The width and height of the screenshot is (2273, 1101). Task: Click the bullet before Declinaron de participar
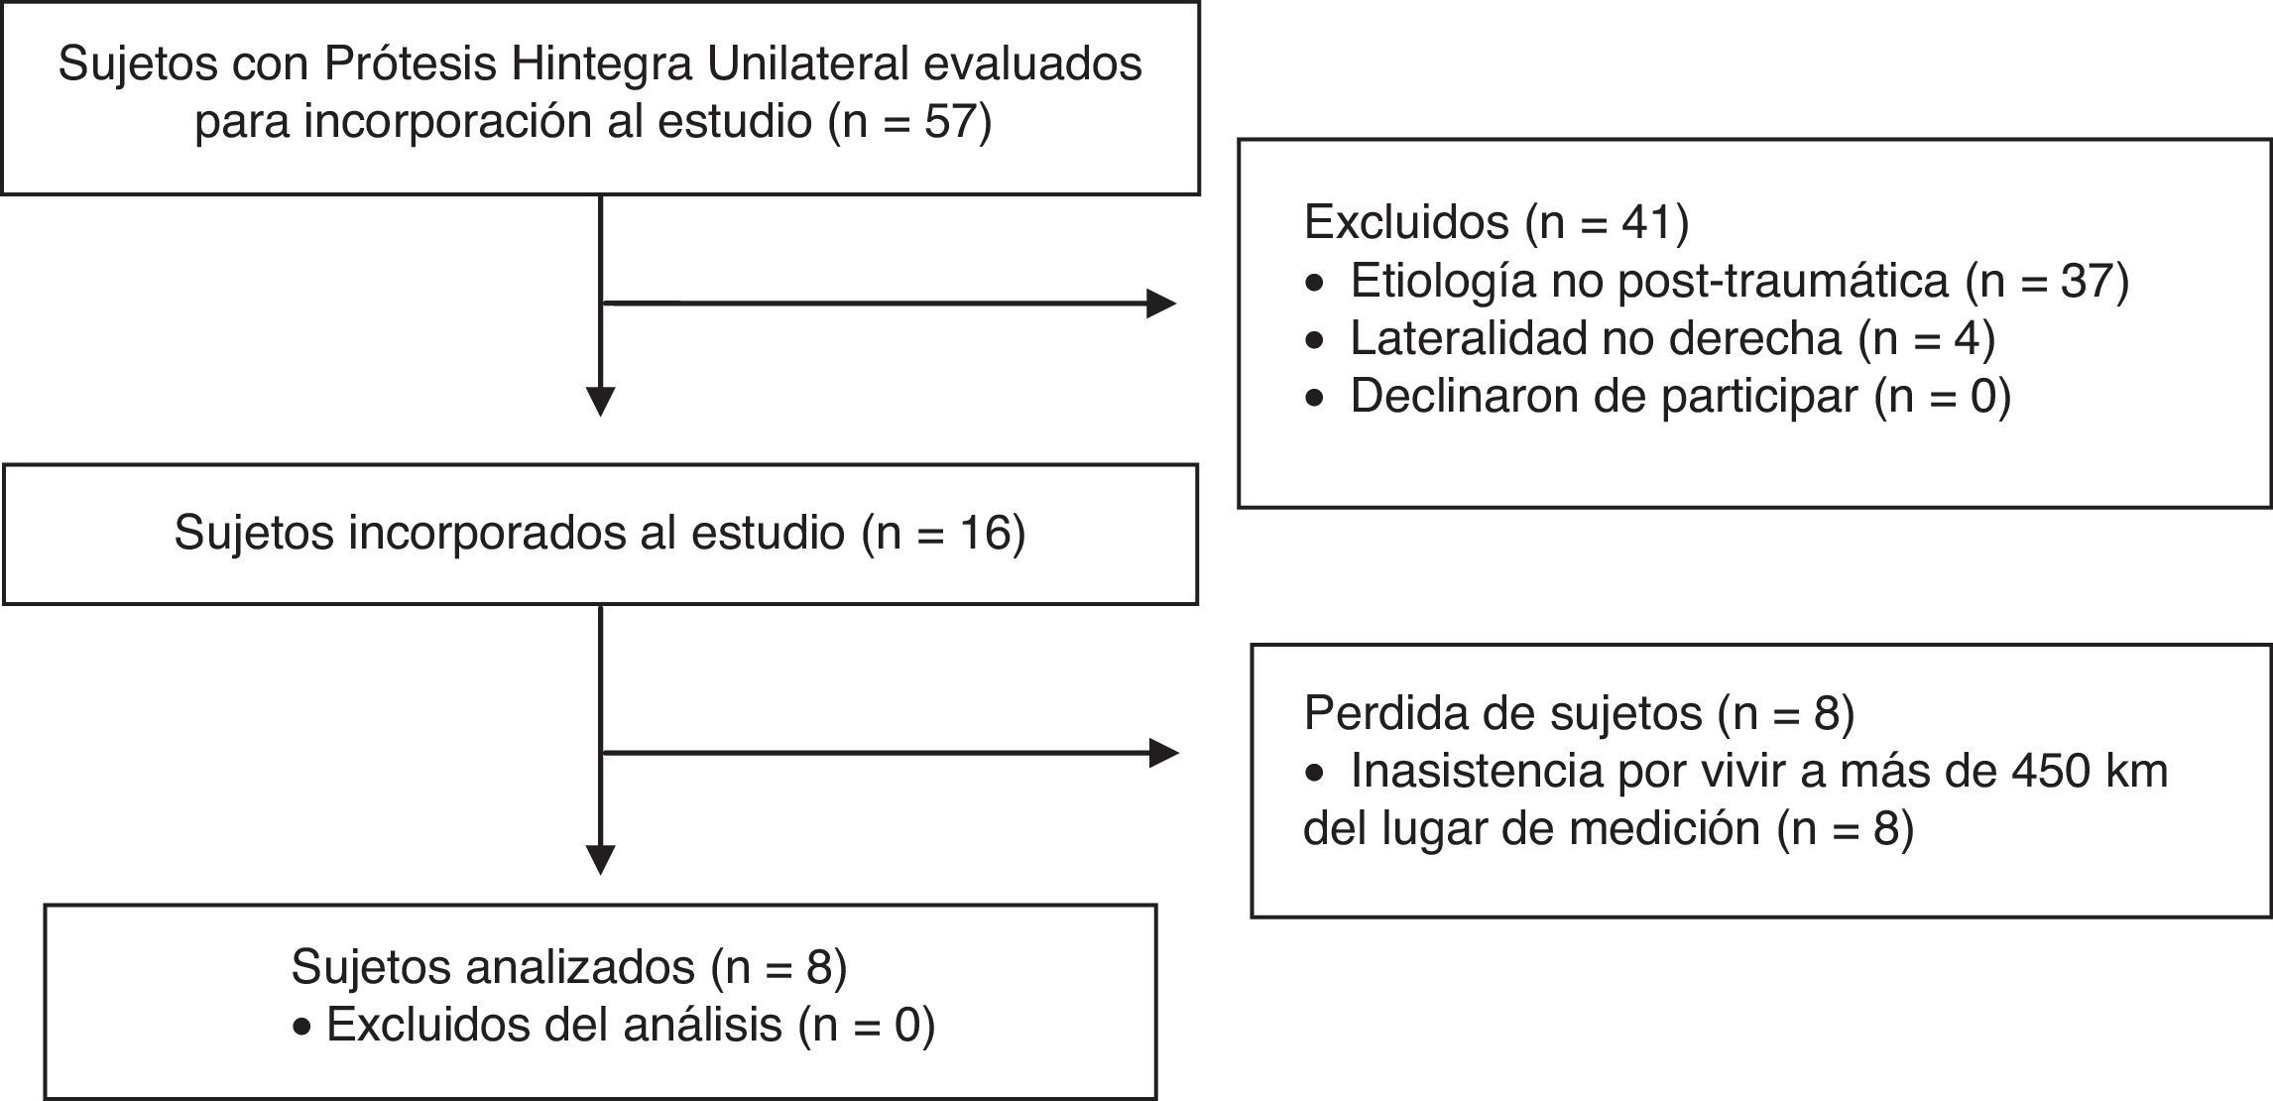tap(1315, 399)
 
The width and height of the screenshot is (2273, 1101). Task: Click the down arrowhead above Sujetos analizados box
tap(601, 860)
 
